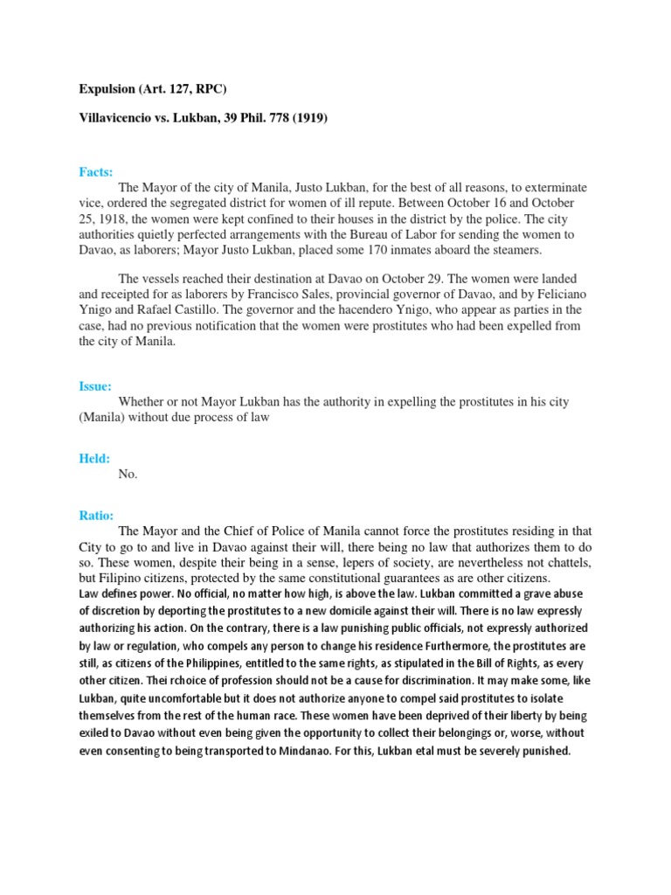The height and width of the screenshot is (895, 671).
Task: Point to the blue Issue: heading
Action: pos(94,385)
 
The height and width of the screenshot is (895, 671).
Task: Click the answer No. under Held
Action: pos(128,474)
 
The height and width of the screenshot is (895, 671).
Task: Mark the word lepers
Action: pos(342,562)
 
